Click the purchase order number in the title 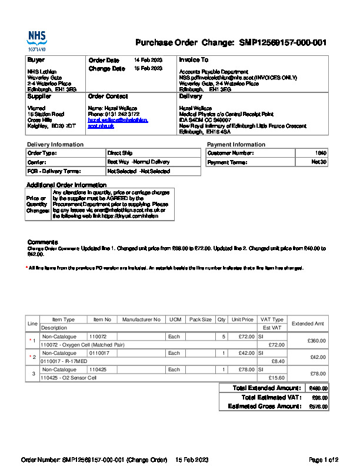[282, 43]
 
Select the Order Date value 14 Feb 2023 [148, 60]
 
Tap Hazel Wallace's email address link [118, 123]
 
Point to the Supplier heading [39, 96]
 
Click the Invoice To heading [194, 60]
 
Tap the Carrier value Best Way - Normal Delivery [138, 162]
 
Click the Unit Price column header [242, 319]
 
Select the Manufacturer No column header [141, 319]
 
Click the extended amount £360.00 [316, 341]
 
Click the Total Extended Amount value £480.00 [318, 388]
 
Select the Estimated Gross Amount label [264, 406]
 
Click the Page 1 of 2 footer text [324, 459]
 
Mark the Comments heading [42, 242]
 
